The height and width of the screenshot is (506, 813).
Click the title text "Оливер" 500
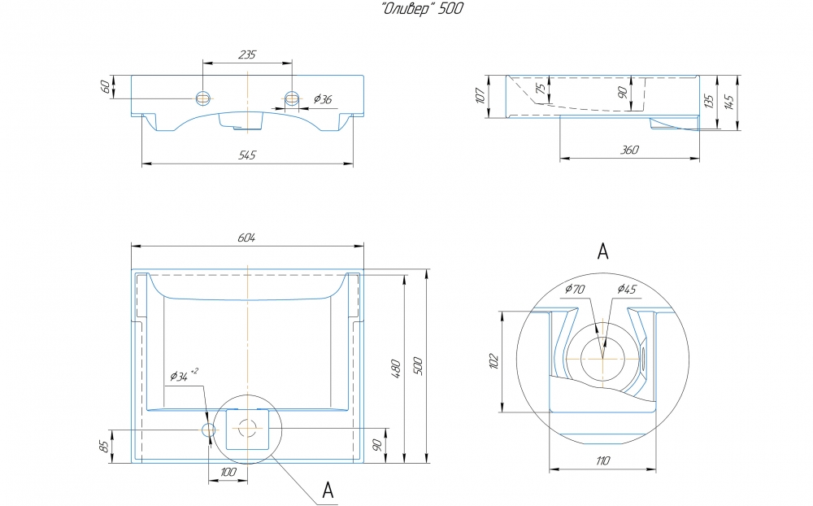point(423,9)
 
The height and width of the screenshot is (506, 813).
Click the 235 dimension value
point(247,55)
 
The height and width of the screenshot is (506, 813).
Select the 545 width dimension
point(247,155)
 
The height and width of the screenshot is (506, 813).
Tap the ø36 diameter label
point(323,99)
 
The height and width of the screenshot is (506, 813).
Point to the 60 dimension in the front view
point(105,87)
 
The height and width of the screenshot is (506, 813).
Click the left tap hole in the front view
point(203,98)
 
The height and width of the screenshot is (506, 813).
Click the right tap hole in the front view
point(293,98)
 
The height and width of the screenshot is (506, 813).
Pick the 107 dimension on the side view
point(480,95)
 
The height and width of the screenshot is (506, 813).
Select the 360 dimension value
point(629,150)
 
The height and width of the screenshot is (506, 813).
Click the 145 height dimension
point(729,103)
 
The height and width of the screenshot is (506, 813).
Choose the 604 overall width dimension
point(247,238)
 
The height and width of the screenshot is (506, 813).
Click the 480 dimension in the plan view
point(396,369)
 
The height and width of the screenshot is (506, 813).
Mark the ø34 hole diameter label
point(184,375)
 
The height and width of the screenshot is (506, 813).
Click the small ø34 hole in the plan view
point(208,430)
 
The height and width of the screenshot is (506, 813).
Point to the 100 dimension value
point(228,473)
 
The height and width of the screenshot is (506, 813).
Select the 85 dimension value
point(105,446)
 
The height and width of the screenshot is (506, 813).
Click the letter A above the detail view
point(602,251)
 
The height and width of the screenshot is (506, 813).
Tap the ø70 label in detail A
point(575,289)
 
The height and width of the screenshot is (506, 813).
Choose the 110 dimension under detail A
point(602,460)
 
